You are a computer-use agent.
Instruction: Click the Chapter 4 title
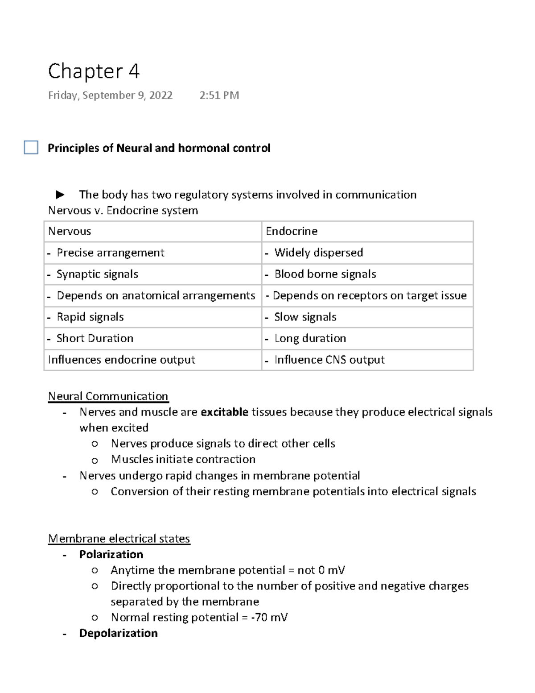(94, 71)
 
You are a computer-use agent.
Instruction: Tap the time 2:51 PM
(219, 95)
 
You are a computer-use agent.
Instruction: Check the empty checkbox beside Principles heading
(31, 148)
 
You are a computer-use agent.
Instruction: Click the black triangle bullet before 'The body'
(60, 195)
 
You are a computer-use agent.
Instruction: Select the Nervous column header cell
(152, 232)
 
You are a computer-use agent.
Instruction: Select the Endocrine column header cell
(367, 232)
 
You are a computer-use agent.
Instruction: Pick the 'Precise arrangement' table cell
(152, 253)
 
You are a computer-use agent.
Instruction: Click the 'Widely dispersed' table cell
(367, 253)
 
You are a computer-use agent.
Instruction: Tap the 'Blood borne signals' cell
(367, 274)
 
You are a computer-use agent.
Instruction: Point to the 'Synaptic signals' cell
(152, 274)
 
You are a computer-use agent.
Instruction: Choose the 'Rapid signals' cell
(152, 317)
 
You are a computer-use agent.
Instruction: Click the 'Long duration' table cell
(367, 339)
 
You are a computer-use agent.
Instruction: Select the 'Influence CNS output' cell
(367, 360)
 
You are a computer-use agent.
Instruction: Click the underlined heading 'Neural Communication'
(108, 396)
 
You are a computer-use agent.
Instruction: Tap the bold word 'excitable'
(224, 412)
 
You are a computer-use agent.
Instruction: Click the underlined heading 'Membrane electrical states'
(119, 539)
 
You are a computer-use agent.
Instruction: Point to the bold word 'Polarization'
(111, 554)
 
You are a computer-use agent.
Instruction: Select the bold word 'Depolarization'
(118, 633)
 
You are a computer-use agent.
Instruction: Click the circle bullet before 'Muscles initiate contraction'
(95, 460)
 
